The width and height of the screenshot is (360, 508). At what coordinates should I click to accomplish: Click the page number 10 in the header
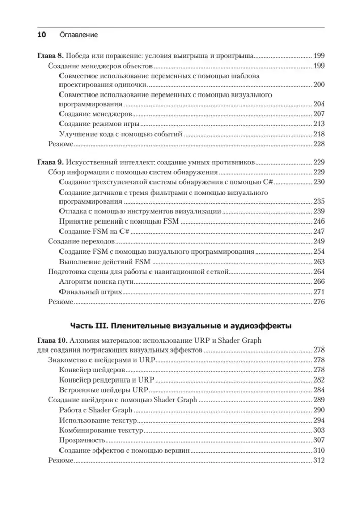[x=41, y=35]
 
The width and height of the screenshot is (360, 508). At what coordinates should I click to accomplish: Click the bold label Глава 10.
[x=52, y=341]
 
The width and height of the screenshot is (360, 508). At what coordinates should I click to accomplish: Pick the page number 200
[x=319, y=85]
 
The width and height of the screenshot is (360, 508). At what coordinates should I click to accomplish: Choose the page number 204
[x=319, y=105]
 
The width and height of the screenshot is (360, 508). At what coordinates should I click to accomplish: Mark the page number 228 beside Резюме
[x=319, y=144]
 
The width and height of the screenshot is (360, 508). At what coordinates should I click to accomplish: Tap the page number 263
[x=319, y=262]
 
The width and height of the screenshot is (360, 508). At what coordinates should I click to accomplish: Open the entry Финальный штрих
[x=88, y=292]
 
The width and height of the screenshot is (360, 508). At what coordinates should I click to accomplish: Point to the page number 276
[x=319, y=302]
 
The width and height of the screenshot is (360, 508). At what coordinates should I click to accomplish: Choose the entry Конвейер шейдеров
[x=92, y=370]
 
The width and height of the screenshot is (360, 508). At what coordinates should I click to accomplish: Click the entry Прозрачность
[x=82, y=440]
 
